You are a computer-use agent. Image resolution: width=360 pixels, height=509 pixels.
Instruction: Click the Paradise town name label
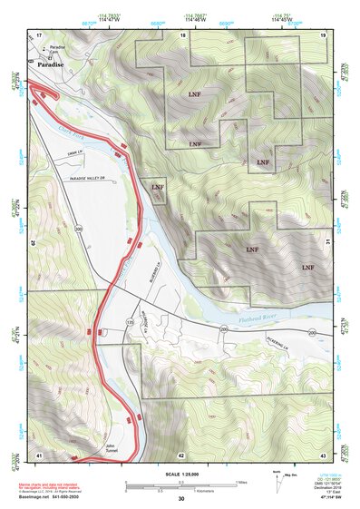[x=50, y=64]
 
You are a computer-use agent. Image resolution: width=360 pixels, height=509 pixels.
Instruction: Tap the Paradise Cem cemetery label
[x=58, y=48]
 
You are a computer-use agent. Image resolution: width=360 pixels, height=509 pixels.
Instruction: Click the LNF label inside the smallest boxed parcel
[x=159, y=187]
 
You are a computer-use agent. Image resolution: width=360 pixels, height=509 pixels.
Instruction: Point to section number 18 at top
[x=183, y=34]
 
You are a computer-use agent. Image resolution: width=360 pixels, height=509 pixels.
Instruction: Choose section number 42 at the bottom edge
[x=181, y=455]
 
